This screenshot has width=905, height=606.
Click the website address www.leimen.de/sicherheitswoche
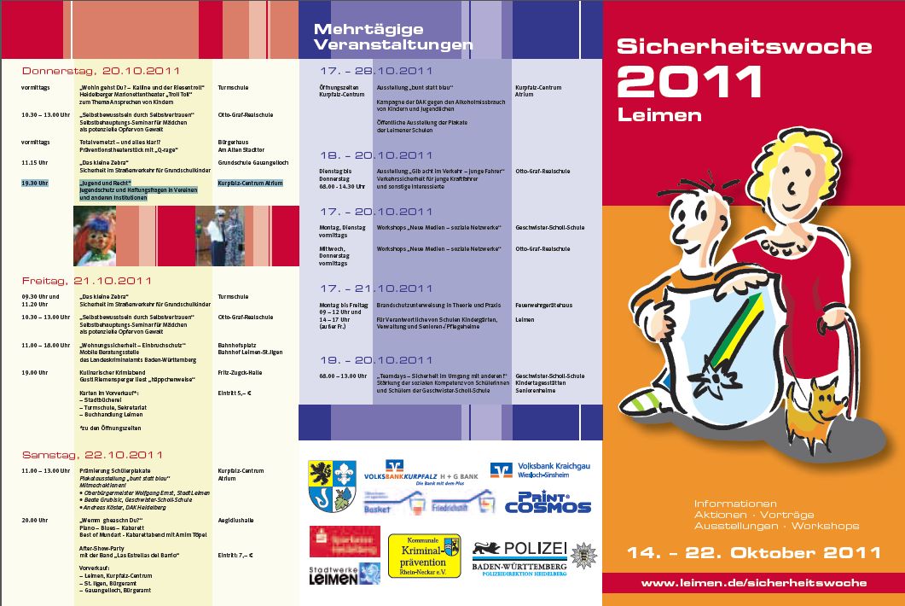[753, 583]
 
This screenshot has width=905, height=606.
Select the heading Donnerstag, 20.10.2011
[101, 70]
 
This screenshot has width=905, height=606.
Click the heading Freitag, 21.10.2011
[86, 280]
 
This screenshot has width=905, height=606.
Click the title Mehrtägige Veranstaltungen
[392, 37]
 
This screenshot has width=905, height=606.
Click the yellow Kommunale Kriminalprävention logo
[424, 555]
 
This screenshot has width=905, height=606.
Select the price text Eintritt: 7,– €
[236, 556]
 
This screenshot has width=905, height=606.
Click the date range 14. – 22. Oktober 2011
[753, 552]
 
